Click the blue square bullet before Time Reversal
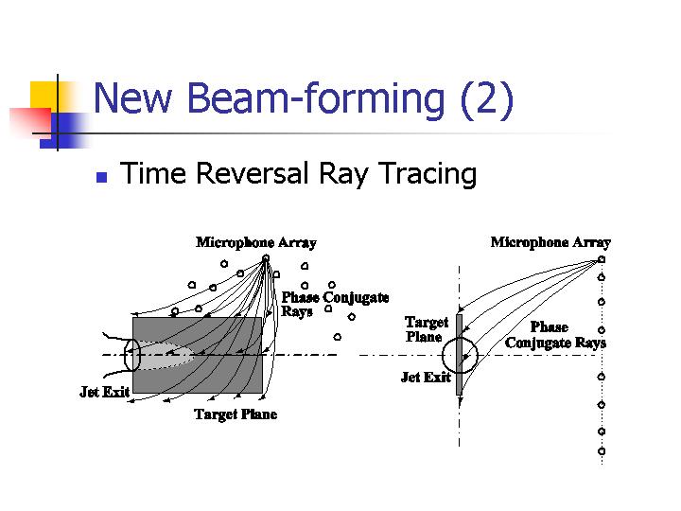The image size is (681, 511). tap(101, 177)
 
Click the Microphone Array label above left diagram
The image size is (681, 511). tap(255, 242)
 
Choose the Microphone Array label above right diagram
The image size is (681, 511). tap(550, 242)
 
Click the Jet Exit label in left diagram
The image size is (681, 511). tap(105, 392)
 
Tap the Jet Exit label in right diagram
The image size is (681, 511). tap(426, 377)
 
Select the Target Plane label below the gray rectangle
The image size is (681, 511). tap(236, 414)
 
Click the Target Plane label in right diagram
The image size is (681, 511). tap(426, 329)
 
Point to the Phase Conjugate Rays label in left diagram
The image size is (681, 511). tap(335, 304)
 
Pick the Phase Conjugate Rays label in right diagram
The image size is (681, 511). tap(555, 335)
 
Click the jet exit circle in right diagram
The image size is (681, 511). tap(443, 355)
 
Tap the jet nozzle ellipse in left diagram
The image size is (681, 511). tap(125, 355)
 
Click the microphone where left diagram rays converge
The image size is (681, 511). tap(266, 258)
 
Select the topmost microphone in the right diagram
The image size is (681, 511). tap(602, 259)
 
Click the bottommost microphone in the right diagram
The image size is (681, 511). tap(602, 451)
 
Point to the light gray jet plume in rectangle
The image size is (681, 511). tap(165, 356)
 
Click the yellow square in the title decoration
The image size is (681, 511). tap(44, 96)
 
